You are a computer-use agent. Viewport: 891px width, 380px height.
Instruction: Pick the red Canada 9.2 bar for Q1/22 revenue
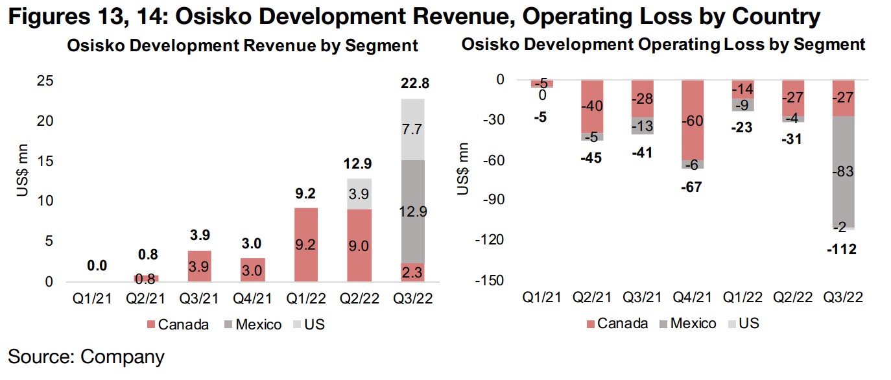pos(305,244)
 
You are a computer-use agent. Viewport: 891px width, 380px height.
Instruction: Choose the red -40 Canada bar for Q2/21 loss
pos(593,106)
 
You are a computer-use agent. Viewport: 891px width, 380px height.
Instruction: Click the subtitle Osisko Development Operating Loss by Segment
pos(663,45)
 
